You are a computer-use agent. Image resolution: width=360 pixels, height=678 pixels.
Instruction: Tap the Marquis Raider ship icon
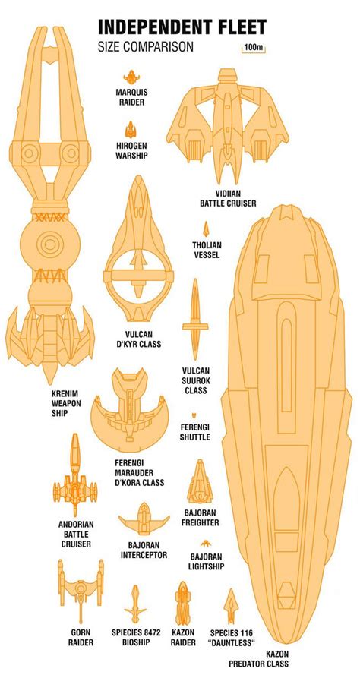coord(131,77)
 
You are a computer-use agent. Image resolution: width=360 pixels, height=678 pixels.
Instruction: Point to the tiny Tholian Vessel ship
coord(206,229)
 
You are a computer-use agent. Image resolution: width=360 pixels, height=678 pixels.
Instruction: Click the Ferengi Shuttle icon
coord(194,415)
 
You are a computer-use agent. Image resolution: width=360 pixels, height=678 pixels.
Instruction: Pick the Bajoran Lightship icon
coord(206,543)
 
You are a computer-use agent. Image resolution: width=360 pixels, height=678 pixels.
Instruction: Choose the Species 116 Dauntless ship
coord(231,606)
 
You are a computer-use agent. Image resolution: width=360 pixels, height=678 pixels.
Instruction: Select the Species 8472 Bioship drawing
coord(135,604)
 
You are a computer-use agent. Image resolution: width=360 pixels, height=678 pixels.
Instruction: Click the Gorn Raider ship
coord(81,590)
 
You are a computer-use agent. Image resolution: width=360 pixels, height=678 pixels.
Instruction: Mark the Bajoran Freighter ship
coord(200,481)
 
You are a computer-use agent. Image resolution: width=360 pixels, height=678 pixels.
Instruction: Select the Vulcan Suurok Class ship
coord(195,319)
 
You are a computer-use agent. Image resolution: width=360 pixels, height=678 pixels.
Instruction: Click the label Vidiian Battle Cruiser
coord(228,198)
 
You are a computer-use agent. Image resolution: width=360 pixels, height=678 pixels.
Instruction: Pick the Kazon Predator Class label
coord(259,658)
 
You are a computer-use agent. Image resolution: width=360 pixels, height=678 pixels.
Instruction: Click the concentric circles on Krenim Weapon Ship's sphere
coord(50,244)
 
